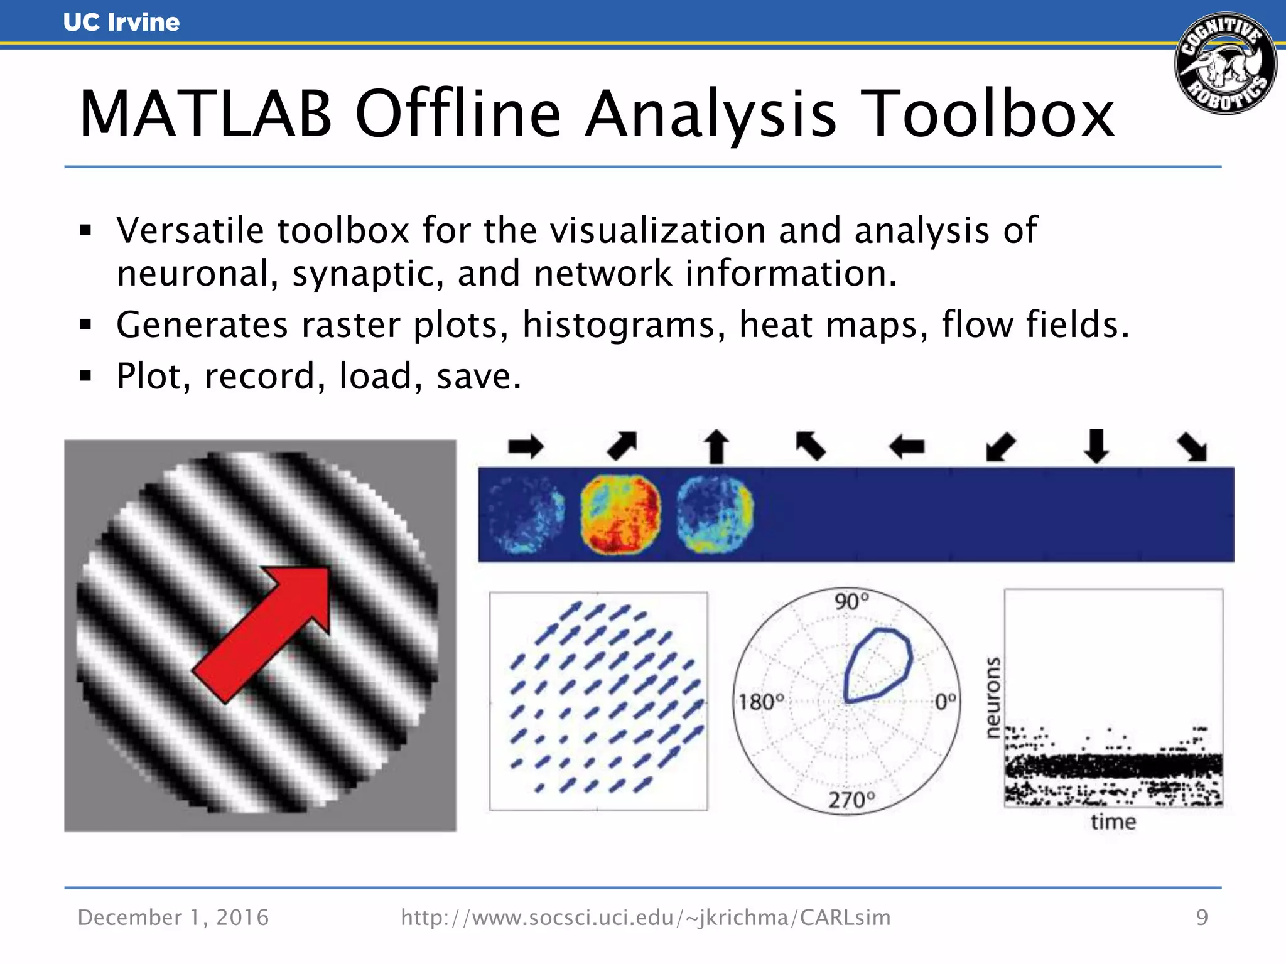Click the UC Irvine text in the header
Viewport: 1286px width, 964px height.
pos(121,22)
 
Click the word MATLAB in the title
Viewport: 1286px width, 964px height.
pos(205,114)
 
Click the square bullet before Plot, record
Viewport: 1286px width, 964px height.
pos(86,377)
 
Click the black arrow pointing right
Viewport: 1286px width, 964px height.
pos(526,447)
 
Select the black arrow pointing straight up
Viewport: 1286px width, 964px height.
pos(716,446)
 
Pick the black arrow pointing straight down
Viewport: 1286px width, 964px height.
pos(1096,445)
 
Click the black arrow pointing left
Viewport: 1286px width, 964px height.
pos(907,447)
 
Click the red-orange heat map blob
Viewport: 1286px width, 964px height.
pos(620,514)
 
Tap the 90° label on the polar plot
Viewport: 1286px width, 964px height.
pos(851,601)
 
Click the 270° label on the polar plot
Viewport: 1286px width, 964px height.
pos(851,800)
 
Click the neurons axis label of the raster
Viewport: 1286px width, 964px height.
pos(992,698)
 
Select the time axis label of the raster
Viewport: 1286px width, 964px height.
pos(1113,822)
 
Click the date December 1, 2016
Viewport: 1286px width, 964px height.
pos(173,918)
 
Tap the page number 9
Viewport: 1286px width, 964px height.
pos(1202,918)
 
